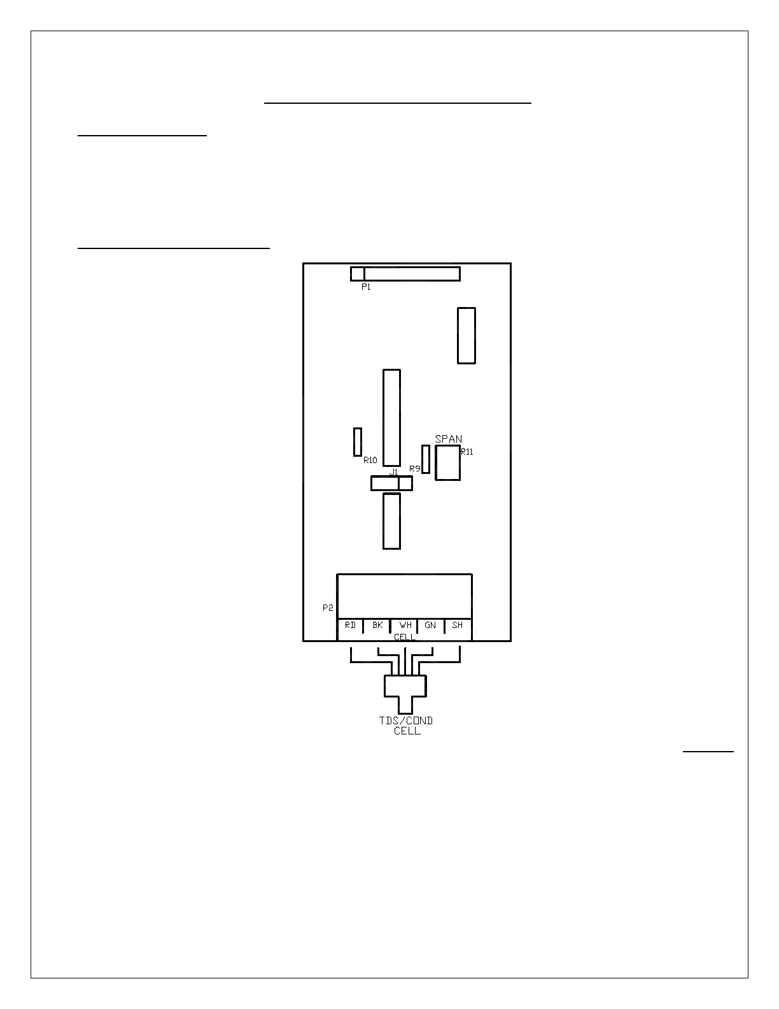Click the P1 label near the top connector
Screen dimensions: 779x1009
(x=366, y=287)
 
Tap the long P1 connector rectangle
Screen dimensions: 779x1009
(x=405, y=274)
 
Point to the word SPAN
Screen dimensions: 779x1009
(x=449, y=439)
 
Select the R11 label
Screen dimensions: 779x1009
(x=467, y=452)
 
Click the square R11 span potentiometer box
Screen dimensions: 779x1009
(x=447, y=463)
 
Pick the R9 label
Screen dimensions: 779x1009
(x=414, y=469)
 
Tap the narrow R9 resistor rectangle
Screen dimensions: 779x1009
(x=426, y=459)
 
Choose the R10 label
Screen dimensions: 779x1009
(x=370, y=460)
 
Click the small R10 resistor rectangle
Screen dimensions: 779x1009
(x=358, y=442)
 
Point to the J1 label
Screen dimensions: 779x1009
(x=393, y=472)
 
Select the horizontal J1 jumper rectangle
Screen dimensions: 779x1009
(x=391, y=484)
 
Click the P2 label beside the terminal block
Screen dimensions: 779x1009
(x=328, y=608)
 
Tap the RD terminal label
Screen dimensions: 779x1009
(x=351, y=626)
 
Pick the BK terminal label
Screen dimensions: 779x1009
(x=377, y=626)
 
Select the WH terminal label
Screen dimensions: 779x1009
(x=405, y=626)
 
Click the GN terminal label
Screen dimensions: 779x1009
(x=430, y=626)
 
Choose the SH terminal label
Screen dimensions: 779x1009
(x=457, y=626)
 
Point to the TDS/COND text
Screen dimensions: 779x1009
(x=406, y=720)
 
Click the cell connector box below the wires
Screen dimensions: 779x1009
(x=405, y=687)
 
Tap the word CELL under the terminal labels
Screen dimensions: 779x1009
(x=404, y=637)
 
